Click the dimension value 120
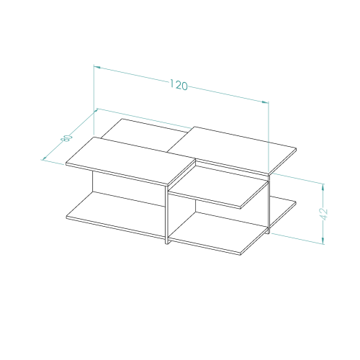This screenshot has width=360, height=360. click(x=179, y=85)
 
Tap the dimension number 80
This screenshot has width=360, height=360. click(x=68, y=138)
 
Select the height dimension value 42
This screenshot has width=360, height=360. click(x=324, y=214)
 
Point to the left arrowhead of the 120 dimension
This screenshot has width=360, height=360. click(x=97, y=67)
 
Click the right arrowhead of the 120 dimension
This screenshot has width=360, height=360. click(x=265, y=102)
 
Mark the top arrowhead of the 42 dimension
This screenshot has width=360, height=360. click(x=323, y=186)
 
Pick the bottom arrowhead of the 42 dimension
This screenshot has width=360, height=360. click(x=323, y=241)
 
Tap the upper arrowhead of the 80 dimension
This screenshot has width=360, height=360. click(x=96, y=111)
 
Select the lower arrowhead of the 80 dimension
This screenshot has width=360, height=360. click(x=44, y=158)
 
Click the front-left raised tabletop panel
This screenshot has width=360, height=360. click(x=131, y=161)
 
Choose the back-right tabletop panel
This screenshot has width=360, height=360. click(x=232, y=150)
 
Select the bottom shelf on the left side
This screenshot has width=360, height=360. click(x=115, y=215)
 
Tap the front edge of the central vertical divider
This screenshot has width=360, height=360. click(x=167, y=215)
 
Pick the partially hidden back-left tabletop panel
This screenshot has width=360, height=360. click(x=144, y=135)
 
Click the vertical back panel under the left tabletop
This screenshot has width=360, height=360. click(x=128, y=189)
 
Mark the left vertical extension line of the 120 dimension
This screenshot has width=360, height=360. click(x=94, y=100)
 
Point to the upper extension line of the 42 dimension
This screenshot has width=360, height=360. click(x=297, y=179)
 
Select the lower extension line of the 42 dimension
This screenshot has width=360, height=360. click(x=297, y=238)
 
